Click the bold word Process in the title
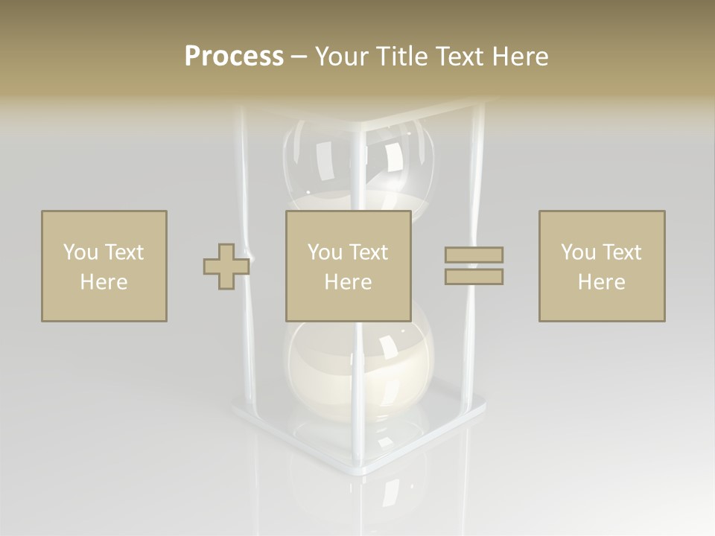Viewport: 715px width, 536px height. point(234,57)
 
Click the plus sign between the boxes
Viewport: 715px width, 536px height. point(226,267)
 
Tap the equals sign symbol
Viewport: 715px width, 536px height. point(474,266)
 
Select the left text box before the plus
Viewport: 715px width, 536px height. point(104,266)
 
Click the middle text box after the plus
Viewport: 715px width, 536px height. point(348,266)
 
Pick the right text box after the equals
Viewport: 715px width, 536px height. point(601,266)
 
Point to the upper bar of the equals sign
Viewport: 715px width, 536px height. point(474,255)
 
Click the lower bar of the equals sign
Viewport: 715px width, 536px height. point(474,276)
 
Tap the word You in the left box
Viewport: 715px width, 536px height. point(80,252)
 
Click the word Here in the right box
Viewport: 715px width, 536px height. point(601,282)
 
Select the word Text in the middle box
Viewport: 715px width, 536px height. point(369,252)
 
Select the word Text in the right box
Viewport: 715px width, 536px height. point(622,252)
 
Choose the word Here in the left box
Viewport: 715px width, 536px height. point(104,282)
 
